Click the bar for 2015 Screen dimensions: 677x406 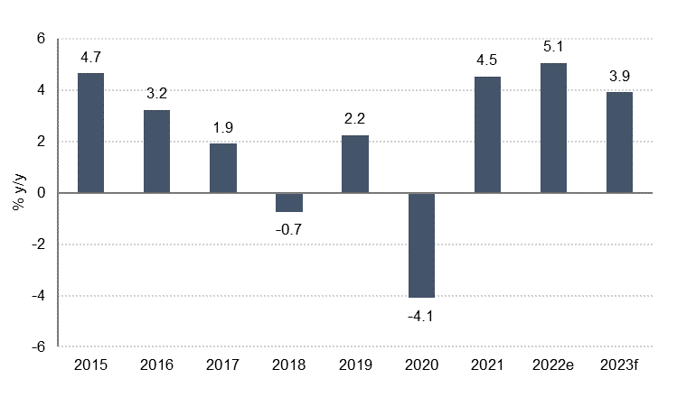pyautogui.click(x=90, y=133)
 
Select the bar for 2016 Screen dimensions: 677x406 pyautogui.click(x=156, y=152)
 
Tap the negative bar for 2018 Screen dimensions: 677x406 pyautogui.click(x=289, y=203)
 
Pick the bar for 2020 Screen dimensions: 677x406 pyautogui.click(x=421, y=245)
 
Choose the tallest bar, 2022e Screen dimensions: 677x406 pyautogui.click(x=553, y=128)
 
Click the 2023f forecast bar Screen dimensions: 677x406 pyautogui.click(x=619, y=143)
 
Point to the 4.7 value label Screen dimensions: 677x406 pyautogui.click(x=90, y=57)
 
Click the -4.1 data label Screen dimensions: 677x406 pyautogui.click(x=420, y=317)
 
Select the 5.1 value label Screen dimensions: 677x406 pyautogui.click(x=553, y=47)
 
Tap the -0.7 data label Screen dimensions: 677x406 pyautogui.click(x=288, y=230)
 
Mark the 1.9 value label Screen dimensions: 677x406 pyautogui.click(x=222, y=127)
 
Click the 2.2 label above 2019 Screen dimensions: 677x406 pyautogui.click(x=354, y=118)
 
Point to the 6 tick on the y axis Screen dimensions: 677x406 pyautogui.click(x=41, y=39)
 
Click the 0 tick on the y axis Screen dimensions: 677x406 pyautogui.click(x=41, y=193)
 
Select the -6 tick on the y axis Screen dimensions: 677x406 pyautogui.click(x=38, y=347)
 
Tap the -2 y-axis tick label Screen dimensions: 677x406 pyautogui.click(x=38, y=245)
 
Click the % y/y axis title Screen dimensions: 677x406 pyautogui.click(x=19, y=192)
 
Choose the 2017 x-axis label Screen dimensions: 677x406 pyautogui.click(x=222, y=365)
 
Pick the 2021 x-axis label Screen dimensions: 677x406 pyautogui.click(x=487, y=365)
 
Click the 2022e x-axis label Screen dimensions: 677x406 pyautogui.click(x=553, y=365)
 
